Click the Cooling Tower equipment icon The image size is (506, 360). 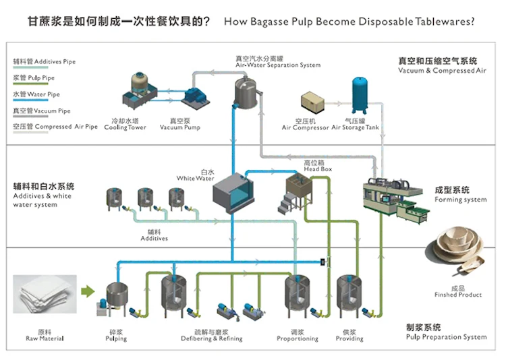tap(141, 94)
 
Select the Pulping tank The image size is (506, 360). tap(117, 297)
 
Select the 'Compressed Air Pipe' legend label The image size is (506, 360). tap(56, 127)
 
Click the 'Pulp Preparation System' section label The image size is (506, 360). tap(446, 337)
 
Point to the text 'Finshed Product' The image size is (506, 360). tap(458, 295)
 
